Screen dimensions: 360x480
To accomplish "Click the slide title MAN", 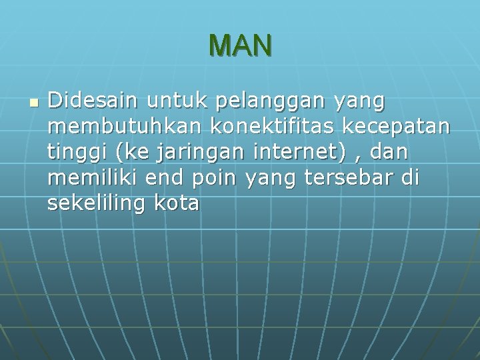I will [x=240, y=45].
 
